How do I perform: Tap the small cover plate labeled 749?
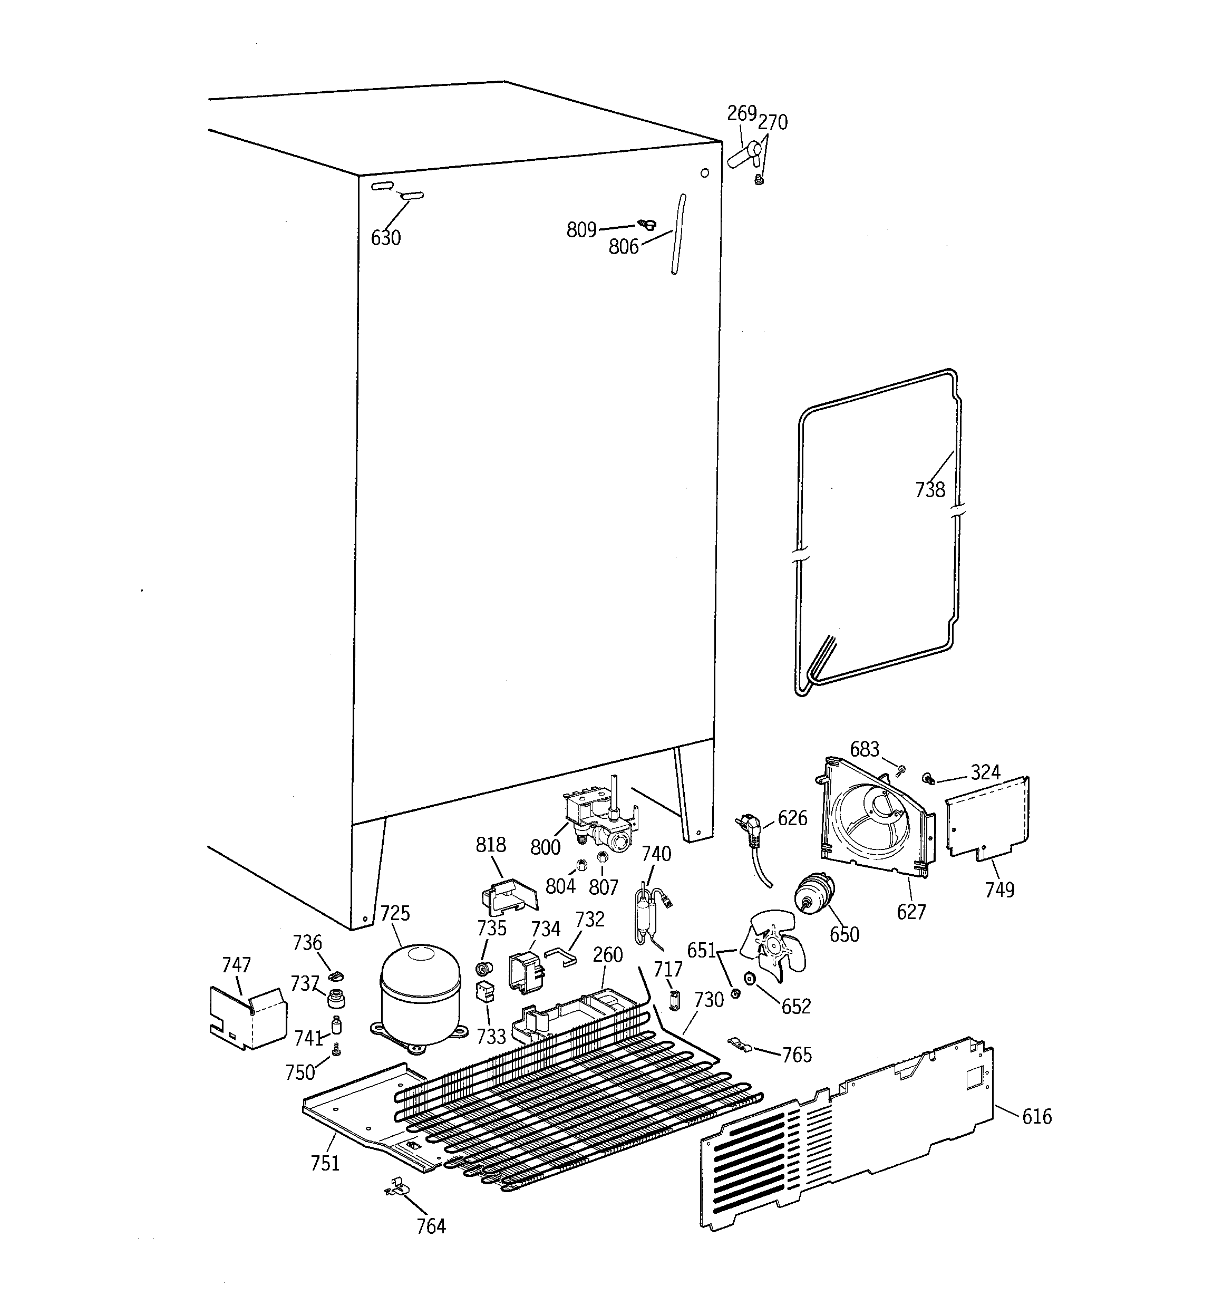coord(987,820)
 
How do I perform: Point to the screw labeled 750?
coord(337,1051)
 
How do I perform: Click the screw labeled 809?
coord(647,226)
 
